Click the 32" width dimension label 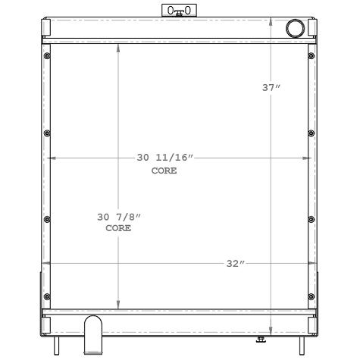[236, 264]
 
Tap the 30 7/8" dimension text [119, 218]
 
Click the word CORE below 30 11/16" [164, 171]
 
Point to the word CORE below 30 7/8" [118, 228]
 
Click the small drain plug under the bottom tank [261, 339]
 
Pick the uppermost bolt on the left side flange [47, 57]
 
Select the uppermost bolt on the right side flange [311, 57]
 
